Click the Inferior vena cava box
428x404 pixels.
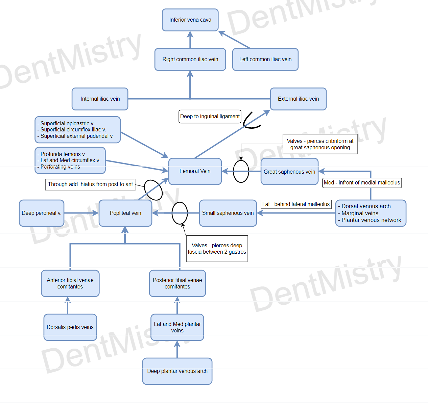click(x=190, y=20)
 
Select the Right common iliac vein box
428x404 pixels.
click(x=190, y=59)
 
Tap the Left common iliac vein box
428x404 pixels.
click(x=265, y=59)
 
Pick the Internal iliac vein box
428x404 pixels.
click(x=100, y=99)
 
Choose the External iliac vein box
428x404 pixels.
click(x=298, y=99)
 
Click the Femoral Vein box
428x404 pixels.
click(x=195, y=171)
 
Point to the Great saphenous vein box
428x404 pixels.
click(x=289, y=172)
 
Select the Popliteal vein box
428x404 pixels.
click(x=125, y=213)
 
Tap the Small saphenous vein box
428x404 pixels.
click(x=228, y=213)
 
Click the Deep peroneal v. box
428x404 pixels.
click(x=42, y=213)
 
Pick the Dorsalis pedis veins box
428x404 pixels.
click(x=70, y=327)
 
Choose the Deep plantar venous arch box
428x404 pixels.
click(x=177, y=371)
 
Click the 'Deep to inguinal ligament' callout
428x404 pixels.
click(x=210, y=117)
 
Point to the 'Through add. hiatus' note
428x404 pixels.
click(x=90, y=184)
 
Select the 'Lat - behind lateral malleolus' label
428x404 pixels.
click(x=296, y=204)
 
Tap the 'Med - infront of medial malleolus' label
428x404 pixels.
click(x=362, y=183)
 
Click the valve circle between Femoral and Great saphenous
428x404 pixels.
click(x=241, y=171)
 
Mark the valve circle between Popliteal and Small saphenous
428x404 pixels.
click(x=180, y=213)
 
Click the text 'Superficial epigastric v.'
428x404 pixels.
click(x=67, y=124)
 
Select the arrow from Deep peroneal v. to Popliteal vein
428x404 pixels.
click(x=81, y=213)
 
